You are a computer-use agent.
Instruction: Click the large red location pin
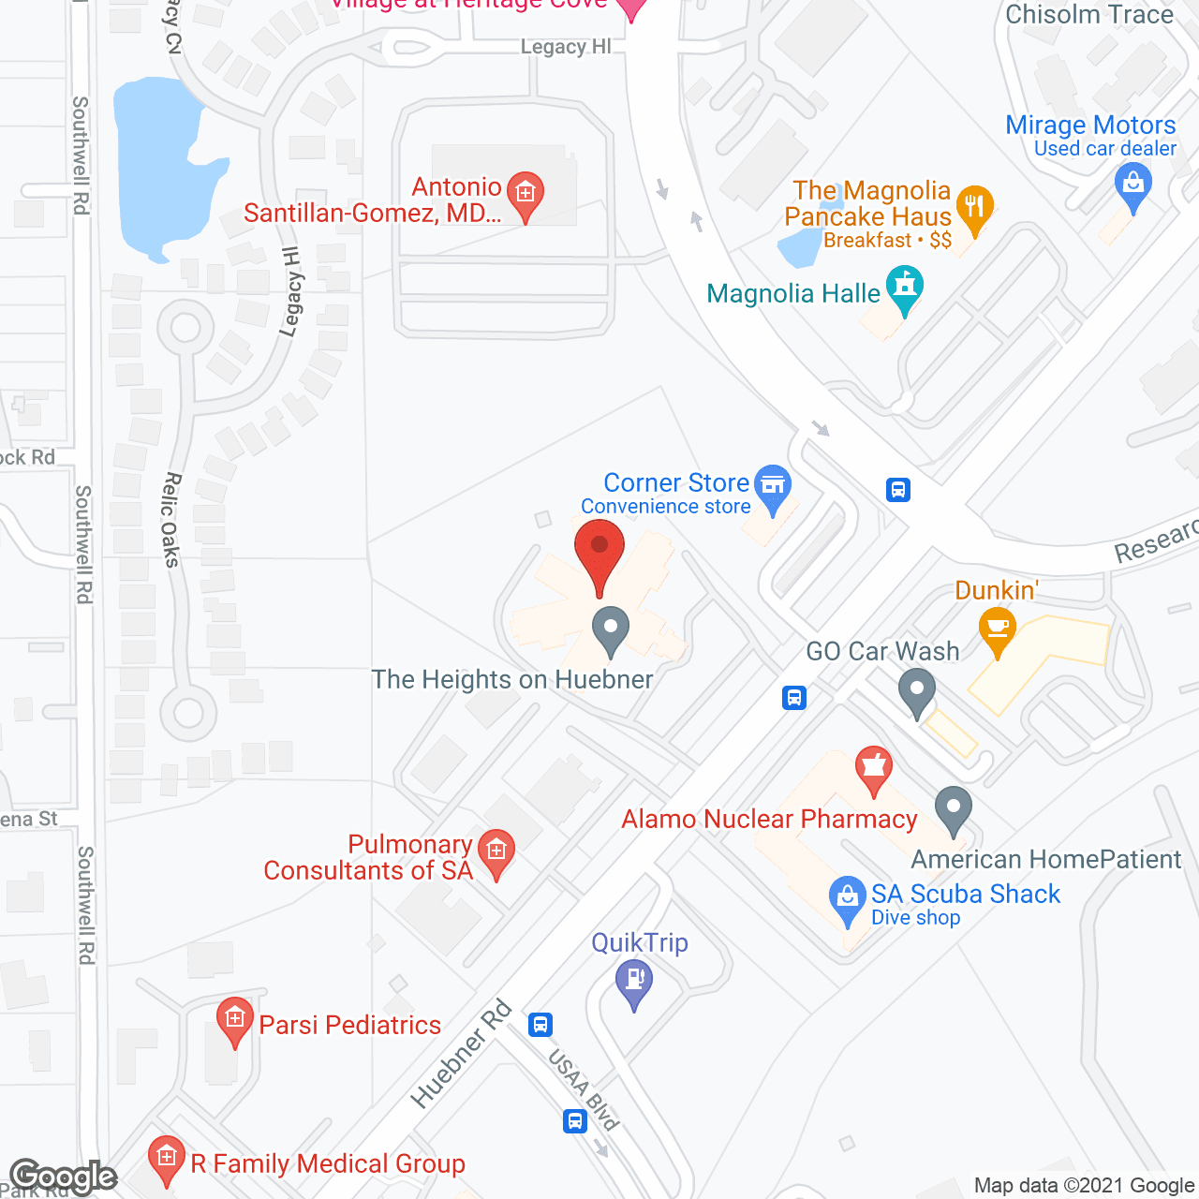click(x=599, y=553)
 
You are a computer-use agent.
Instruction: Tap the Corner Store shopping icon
click(x=773, y=486)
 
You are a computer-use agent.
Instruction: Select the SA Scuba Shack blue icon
click(x=848, y=897)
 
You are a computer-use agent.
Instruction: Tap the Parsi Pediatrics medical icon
click(x=234, y=1019)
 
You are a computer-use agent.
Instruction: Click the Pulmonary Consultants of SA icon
click(x=496, y=851)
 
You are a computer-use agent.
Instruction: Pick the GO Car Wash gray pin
click(x=917, y=694)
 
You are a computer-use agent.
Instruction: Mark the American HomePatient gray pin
click(x=954, y=807)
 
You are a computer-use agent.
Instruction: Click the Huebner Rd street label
click(x=462, y=1054)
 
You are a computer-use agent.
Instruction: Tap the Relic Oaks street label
click(x=170, y=520)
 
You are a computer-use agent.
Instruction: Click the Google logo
click(x=63, y=1177)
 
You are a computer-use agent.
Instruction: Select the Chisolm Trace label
click(x=1088, y=15)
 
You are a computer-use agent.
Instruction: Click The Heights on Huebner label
click(x=512, y=679)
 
